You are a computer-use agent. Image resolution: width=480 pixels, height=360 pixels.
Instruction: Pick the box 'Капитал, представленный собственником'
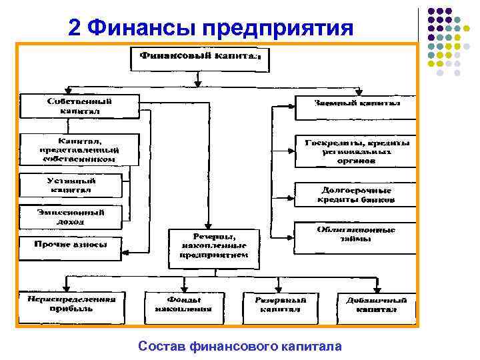click(x=79, y=150)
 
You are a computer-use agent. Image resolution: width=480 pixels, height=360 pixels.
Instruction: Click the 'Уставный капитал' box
click(x=71, y=185)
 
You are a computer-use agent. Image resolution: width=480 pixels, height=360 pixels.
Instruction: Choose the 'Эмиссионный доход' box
click(x=71, y=217)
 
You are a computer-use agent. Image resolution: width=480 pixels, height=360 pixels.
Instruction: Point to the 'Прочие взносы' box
click(x=71, y=247)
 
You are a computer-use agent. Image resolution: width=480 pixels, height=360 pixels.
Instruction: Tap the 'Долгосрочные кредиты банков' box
click(x=355, y=194)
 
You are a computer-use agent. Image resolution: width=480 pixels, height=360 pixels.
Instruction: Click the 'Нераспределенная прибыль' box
click(x=71, y=304)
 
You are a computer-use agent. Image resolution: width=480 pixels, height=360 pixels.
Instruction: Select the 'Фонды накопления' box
click(x=178, y=304)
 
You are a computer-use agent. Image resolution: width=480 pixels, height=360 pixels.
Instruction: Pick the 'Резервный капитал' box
click(x=279, y=304)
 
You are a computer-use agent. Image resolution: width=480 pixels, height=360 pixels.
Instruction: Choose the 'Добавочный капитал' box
click(x=376, y=304)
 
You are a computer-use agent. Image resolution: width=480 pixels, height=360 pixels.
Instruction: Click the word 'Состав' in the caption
click(x=162, y=346)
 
